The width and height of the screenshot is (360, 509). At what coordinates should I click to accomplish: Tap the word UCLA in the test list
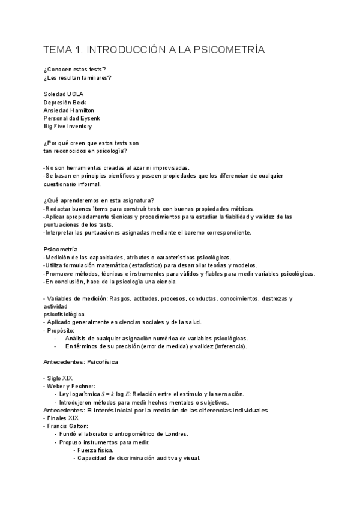[x=76, y=94]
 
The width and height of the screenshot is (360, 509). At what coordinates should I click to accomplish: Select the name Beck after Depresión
[x=80, y=103]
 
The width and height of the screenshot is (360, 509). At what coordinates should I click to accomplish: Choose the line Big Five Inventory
[x=68, y=127]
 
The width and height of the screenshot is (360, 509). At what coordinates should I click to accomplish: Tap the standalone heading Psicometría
[x=61, y=248]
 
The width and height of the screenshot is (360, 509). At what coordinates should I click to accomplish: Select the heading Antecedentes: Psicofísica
[x=81, y=363]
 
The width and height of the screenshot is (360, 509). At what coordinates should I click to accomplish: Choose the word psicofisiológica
[x=65, y=314]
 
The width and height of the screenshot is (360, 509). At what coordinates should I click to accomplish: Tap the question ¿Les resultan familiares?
[x=77, y=77]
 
